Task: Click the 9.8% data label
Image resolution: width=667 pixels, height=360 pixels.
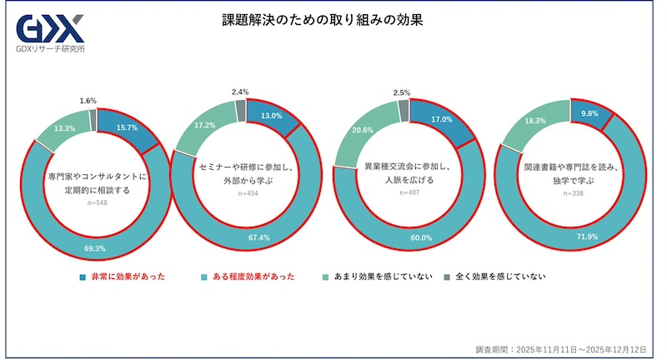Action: pos(589,114)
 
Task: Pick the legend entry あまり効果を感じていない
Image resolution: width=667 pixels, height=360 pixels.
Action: pos(377,276)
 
